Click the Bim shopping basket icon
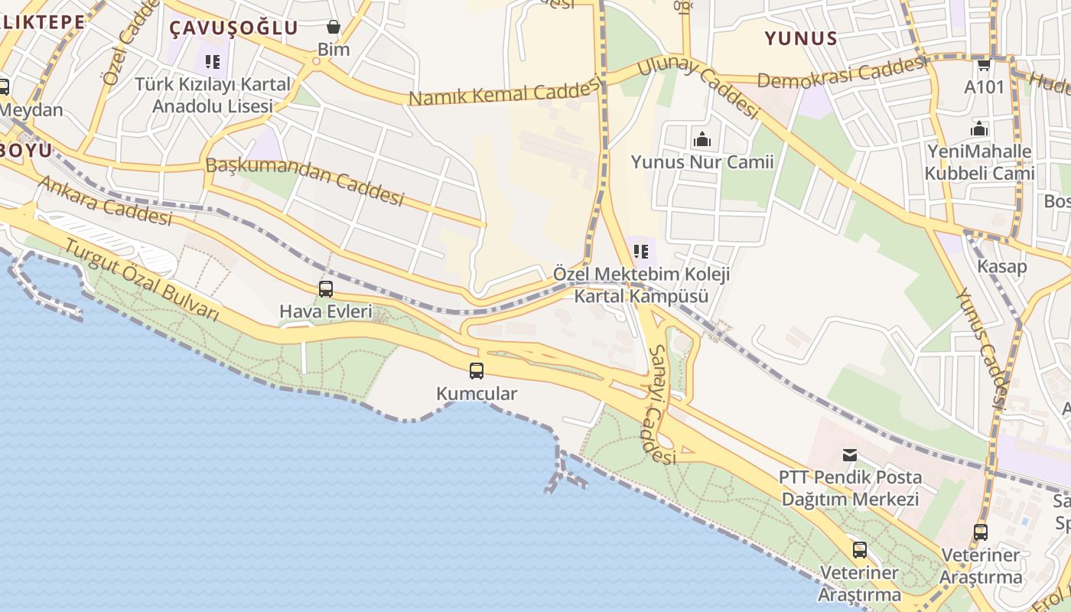[333, 28]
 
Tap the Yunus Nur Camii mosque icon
[702, 139]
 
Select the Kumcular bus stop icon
[477, 371]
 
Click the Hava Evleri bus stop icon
[326, 289]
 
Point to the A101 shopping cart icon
[984, 64]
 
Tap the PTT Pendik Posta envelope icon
[849, 455]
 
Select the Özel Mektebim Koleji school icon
[641, 251]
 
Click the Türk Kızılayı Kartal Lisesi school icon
[212, 62]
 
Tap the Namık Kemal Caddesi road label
[504, 93]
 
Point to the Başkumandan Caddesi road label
[304, 181]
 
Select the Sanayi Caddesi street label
[662, 405]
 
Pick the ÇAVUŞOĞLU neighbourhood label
[233, 28]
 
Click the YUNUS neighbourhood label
[801, 38]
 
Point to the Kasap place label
[1002, 267]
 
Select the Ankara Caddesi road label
[105, 201]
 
